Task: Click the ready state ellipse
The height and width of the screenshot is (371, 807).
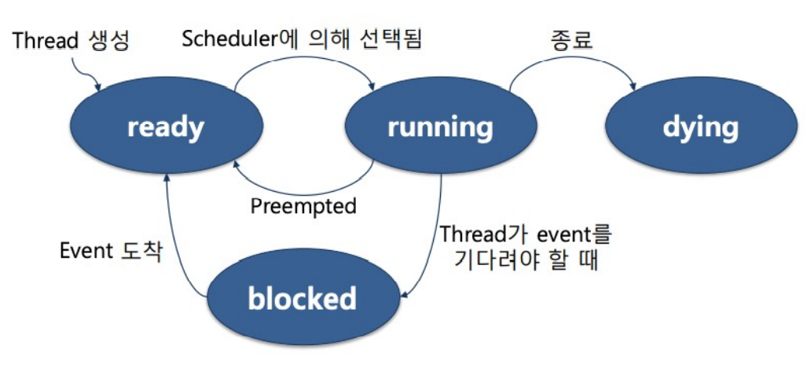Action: point(166,127)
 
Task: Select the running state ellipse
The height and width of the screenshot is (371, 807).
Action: point(440,127)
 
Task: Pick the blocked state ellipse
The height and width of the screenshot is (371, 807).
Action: point(302,298)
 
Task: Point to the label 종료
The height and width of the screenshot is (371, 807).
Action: point(570,39)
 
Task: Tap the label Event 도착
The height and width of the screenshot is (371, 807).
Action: point(112,252)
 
